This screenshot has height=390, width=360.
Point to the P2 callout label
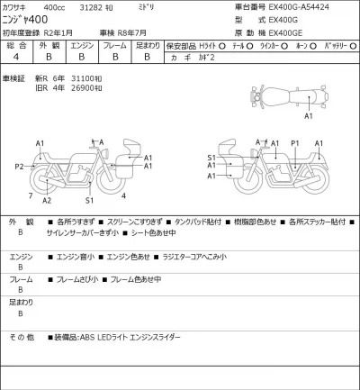(x=20, y=167)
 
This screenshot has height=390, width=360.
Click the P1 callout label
(x=295, y=142)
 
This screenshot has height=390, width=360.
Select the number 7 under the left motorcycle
(x=31, y=194)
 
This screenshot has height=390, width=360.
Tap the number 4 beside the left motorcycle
(x=124, y=194)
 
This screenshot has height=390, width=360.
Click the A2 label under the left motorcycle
(x=45, y=201)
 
